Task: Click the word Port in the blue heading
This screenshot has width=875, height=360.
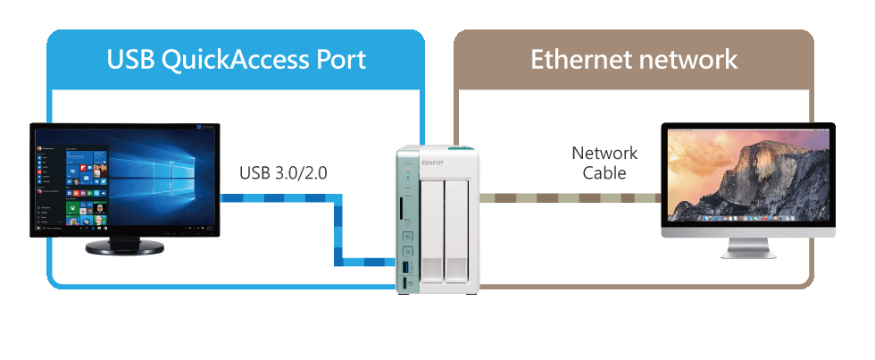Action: [x=341, y=60]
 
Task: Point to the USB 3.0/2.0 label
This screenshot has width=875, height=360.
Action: [x=283, y=172]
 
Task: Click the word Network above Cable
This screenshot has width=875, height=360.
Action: [x=604, y=154]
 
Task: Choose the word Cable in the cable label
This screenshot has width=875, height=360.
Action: [x=604, y=173]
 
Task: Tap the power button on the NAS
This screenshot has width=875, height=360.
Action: [x=407, y=239]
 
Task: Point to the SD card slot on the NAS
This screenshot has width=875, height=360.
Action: [x=406, y=213]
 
